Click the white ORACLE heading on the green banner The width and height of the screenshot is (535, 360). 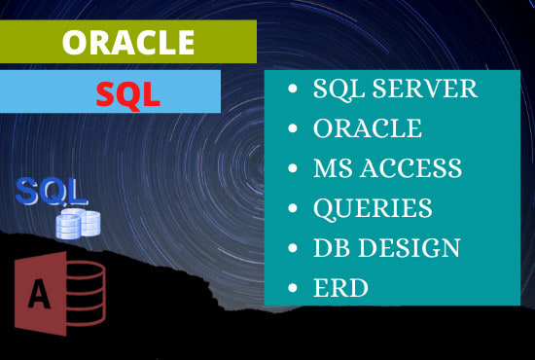click(x=126, y=42)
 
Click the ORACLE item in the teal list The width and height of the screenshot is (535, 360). click(x=367, y=128)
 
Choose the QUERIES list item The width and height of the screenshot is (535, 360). click(x=372, y=208)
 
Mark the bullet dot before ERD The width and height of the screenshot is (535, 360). click(x=293, y=289)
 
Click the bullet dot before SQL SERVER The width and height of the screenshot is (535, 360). click(x=293, y=90)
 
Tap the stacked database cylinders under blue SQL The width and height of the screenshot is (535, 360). click(x=79, y=224)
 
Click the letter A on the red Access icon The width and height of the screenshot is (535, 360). click(x=40, y=293)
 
